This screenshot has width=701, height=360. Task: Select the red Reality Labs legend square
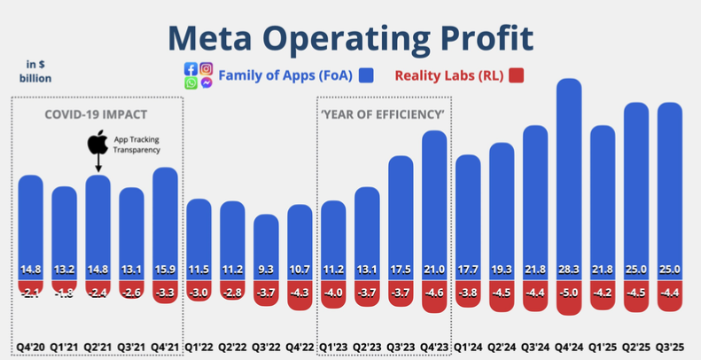click(517, 75)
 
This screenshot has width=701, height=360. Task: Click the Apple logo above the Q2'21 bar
click(97, 143)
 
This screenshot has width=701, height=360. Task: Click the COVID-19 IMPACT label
click(96, 114)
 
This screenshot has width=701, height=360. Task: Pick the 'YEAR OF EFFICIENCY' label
click(383, 114)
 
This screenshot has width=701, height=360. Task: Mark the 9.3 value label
click(267, 269)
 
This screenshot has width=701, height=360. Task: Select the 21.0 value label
click(434, 269)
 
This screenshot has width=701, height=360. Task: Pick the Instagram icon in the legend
click(206, 68)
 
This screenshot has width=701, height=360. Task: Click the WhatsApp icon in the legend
click(191, 83)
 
